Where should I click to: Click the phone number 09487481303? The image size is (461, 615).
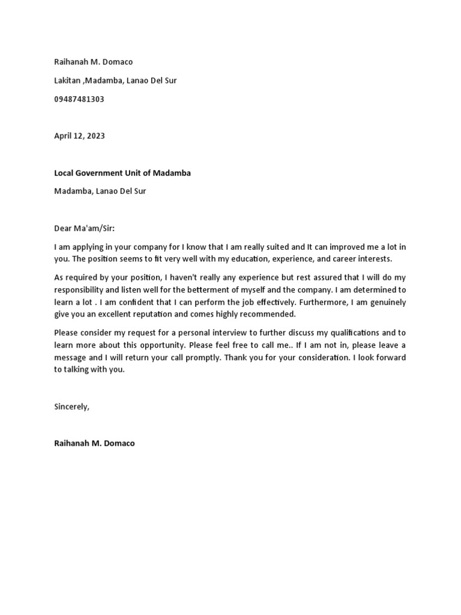click(x=79, y=99)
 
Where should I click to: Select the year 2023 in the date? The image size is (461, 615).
click(x=95, y=136)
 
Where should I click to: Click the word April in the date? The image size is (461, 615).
click(x=64, y=136)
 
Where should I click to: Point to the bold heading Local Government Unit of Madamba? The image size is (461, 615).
click(x=122, y=173)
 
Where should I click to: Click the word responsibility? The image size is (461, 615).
click(x=80, y=290)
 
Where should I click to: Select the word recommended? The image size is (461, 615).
click(x=266, y=314)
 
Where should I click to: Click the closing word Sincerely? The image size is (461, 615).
click(x=71, y=407)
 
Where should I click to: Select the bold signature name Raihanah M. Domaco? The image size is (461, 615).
click(x=94, y=443)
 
